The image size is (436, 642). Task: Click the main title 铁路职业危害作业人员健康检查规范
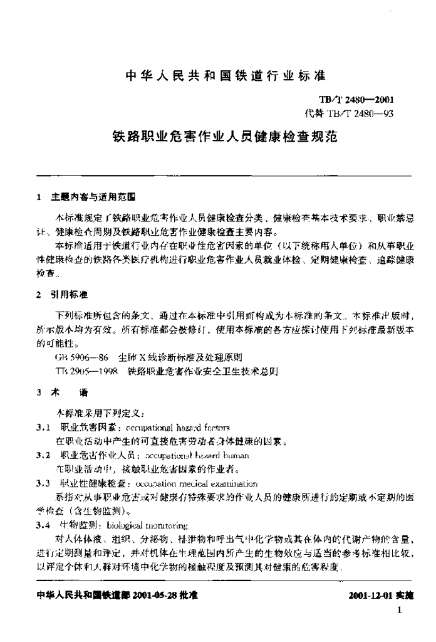[225, 136]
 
